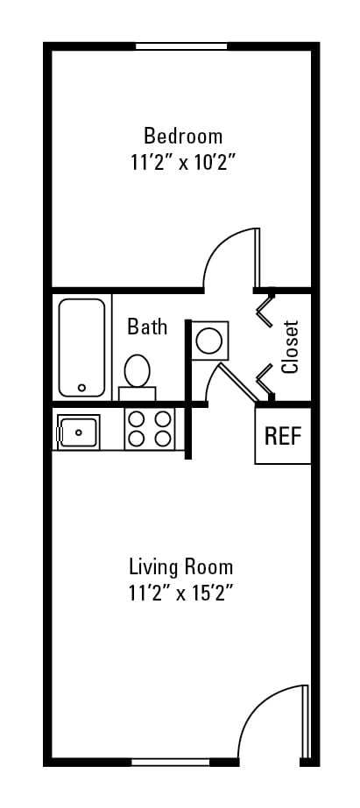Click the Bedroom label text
183,137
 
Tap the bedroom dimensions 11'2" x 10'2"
183,162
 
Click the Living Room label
180,566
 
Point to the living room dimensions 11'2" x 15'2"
180,593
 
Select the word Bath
147,327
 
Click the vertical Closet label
291,347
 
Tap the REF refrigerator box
283,436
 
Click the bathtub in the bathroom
82,348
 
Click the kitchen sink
77,432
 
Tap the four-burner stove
149,429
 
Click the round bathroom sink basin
211,339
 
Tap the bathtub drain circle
81,386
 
